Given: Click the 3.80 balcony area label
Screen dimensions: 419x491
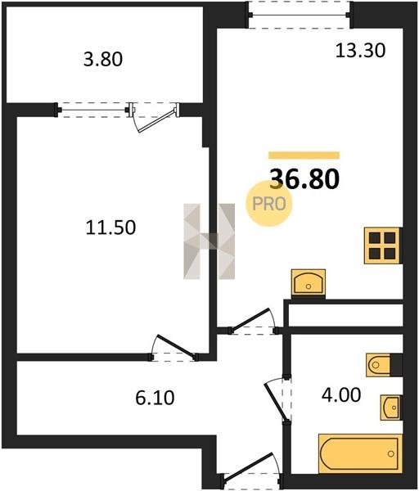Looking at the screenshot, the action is tap(103, 59).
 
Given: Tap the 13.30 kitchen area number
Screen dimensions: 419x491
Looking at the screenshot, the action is tap(360, 51).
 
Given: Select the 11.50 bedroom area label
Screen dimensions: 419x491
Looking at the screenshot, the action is tap(110, 227).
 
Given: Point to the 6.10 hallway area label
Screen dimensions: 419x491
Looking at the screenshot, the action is tap(155, 398).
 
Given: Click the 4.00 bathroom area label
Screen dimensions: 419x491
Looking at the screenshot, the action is tap(341, 394).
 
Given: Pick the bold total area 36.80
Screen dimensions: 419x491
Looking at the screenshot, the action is tap(304, 178).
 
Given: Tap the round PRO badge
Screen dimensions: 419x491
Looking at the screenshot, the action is tap(269, 204).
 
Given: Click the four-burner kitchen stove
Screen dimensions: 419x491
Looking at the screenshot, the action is tap(382, 245).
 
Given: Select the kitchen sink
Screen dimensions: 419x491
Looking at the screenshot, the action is tap(309, 282).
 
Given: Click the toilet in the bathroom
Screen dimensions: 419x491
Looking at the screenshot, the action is tap(379, 365).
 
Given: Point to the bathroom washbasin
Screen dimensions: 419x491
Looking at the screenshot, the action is tap(390, 408).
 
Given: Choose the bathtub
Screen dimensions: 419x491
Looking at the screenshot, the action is tap(360, 453).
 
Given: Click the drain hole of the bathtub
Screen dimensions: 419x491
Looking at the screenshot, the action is tap(390, 453).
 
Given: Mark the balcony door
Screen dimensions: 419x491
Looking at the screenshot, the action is tap(155, 117).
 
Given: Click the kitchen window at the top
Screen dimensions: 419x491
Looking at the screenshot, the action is tap(300, 15).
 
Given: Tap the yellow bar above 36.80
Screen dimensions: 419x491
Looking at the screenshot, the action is tap(304, 155).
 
